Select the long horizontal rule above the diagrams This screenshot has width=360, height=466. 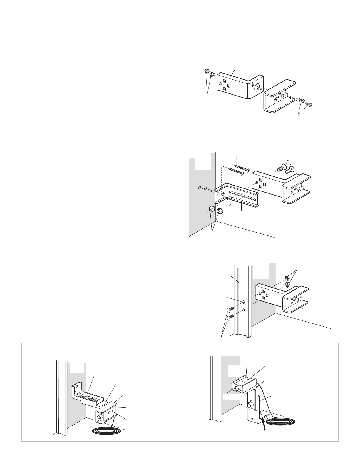click(234, 24)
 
